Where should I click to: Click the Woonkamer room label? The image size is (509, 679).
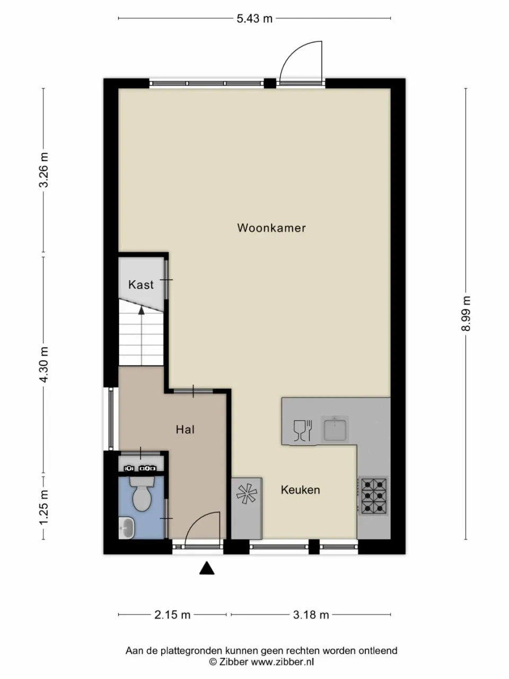click(x=271, y=228)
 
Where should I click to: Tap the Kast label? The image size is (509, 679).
click(x=141, y=285)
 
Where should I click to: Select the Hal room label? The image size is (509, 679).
click(x=185, y=430)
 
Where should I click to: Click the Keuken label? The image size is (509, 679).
click(x=300, y=490)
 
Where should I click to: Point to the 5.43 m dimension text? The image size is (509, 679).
click(x=254, y=19)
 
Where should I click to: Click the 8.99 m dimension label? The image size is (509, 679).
click(x=466, y=313)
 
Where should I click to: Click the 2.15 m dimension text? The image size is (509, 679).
click(x=172, y=615)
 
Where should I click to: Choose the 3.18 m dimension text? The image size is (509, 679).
click(x=311, y=615)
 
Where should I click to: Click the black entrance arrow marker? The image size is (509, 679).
click(x=207, y=569)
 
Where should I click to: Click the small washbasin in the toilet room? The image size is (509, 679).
click(x=127, y=528)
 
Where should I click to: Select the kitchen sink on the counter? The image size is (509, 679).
click(x=335, y=429)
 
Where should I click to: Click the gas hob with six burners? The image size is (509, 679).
click(x=374, y=496)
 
